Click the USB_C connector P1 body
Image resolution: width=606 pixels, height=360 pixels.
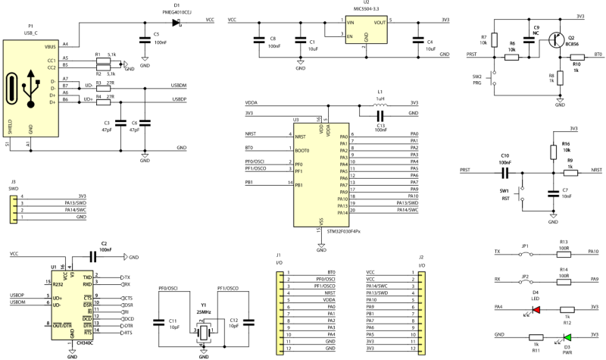coord(30,87)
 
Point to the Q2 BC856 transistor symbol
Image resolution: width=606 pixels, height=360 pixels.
coord(558,42)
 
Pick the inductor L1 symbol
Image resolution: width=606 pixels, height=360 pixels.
coord(381,103)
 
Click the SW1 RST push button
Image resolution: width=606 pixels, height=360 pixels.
coord(522,200)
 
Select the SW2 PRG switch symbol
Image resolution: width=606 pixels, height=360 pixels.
coord(495,76)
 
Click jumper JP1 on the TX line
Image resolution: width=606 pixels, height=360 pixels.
coord(523,252)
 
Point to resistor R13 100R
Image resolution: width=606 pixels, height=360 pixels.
coord(564,252)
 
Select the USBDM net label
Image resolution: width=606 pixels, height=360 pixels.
coord(179,86)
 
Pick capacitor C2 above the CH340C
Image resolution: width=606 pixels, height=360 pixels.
coord(103,258)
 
